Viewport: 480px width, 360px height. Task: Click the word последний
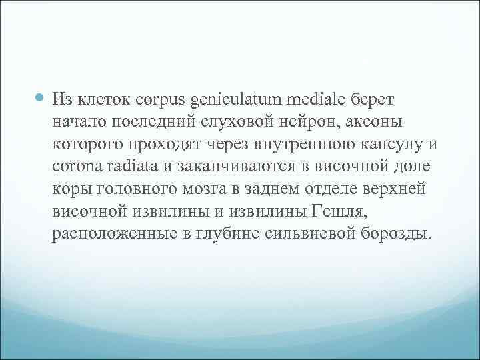[142, 123]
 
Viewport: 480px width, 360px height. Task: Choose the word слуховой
[222, 123]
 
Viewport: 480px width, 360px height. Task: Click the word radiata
[132, 167]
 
